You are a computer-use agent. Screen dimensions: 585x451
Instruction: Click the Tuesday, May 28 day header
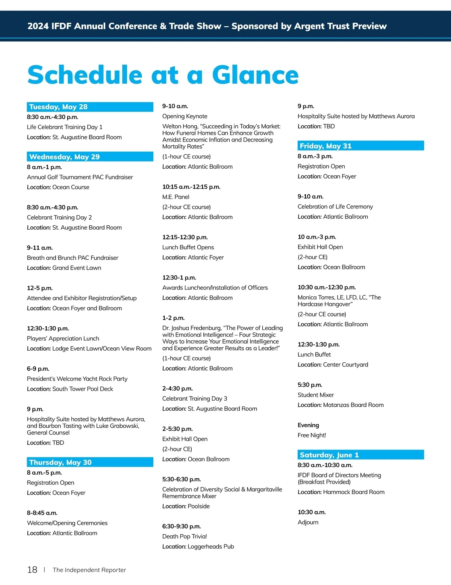click(58, 107)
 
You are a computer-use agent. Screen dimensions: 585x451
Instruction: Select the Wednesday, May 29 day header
click(64, 157)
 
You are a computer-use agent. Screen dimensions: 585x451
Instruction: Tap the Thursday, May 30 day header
click(60, 463)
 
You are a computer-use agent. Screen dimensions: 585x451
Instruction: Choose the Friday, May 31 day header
click(325, 146)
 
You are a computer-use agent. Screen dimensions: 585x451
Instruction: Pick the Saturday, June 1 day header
click(329, 455)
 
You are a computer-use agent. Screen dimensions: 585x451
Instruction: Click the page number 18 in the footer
click(32, 570)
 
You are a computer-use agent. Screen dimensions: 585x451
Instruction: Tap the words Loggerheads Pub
click(211, 547)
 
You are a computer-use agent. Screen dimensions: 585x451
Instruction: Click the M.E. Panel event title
click(176, 197)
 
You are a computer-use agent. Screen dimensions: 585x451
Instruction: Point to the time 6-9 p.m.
click(38, 369)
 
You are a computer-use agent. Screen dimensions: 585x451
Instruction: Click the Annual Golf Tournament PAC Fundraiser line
click(80, 177)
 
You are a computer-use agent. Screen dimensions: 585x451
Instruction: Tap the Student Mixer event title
click(316, 395)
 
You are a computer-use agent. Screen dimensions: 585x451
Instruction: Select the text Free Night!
click(312, 436)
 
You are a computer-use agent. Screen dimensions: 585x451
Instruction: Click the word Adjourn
click(308, 523)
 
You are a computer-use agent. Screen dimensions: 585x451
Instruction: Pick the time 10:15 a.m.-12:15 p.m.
click(191, 187)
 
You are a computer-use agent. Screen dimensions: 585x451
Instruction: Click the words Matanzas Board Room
click(353, 405)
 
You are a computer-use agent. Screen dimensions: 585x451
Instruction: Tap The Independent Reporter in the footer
click(89, 570)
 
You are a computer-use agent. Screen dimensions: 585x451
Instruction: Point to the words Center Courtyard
click(346, 365)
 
